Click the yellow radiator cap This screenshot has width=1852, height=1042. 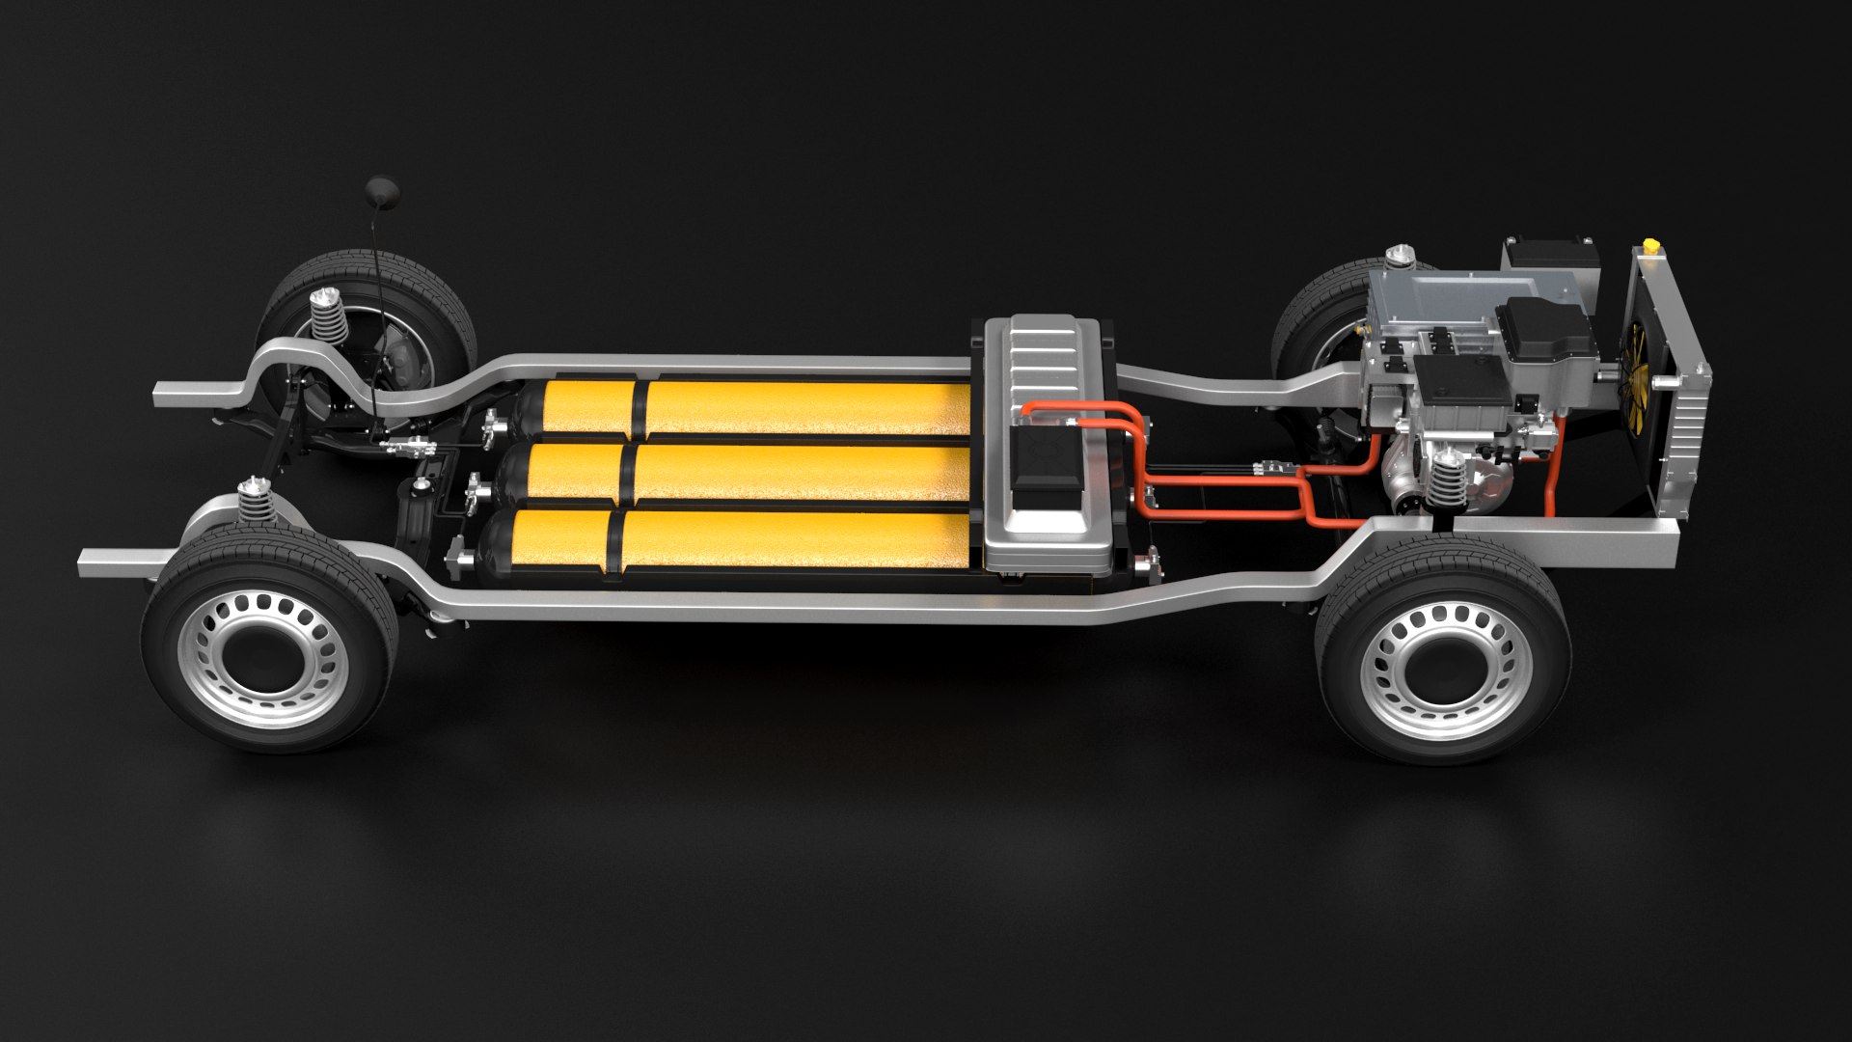[1652, 249]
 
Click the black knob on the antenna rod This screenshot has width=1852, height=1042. [375, 188]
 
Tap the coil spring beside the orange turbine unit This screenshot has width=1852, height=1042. [1443, 480]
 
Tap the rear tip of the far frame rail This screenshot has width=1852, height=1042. [162, 393]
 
